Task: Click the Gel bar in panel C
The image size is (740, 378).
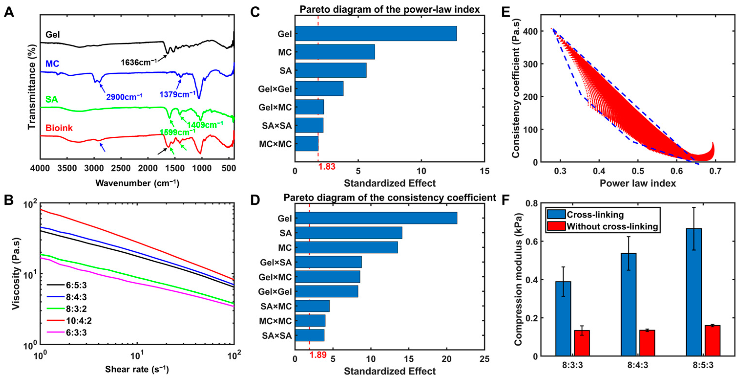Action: click(x=376, y=34)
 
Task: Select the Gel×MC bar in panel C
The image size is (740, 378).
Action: click(x=309, y=107)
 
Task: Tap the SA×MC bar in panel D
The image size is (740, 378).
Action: click(x=312, y=306)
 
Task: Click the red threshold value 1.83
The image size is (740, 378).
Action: click(x=327, y=166)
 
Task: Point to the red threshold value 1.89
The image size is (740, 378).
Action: click(x=318, y=355)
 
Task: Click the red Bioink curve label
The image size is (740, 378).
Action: click(x=59, y=128)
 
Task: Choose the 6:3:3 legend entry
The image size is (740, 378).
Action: click(x=67, y=332)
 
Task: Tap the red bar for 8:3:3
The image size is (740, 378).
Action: click(x=582, y=343)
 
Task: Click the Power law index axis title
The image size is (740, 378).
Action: click(x=638, y=183)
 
